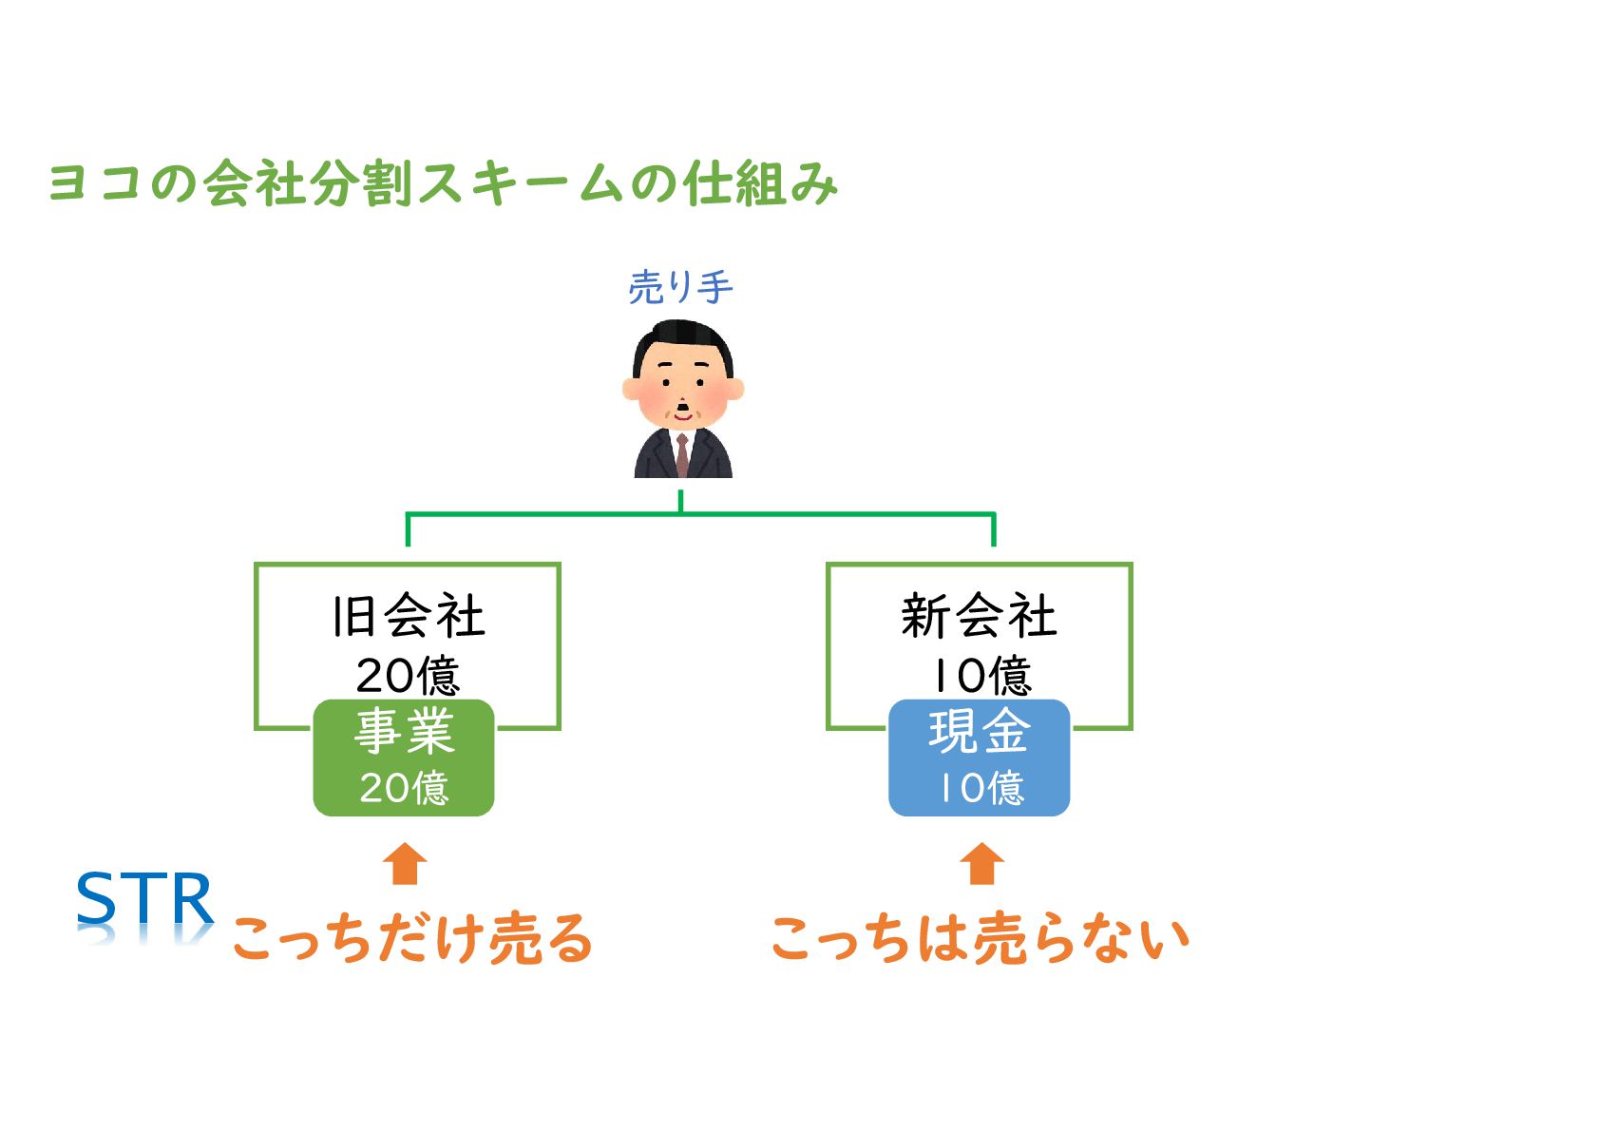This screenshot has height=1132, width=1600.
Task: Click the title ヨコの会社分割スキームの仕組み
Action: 443,183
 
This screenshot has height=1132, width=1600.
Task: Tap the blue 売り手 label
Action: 680,287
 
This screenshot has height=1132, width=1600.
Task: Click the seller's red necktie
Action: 682,454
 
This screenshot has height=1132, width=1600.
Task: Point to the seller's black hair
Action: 682,338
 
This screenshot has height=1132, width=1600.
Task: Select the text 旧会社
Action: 409,616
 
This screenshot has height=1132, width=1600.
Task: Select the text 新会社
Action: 979,616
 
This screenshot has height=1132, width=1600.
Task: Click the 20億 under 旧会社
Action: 409,675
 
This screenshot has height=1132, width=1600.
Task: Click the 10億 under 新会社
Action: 981,675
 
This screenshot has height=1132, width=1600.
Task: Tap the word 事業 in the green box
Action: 404,732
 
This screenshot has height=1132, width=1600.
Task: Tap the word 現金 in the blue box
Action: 980,732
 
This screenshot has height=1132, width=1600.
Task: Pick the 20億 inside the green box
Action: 404,788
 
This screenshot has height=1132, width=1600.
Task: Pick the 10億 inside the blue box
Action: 981,788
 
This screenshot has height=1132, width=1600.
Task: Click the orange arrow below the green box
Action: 405,864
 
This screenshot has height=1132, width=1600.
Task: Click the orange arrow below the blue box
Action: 981,864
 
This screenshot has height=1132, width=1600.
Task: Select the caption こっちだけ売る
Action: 412,938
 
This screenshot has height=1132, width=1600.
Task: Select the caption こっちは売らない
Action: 980,938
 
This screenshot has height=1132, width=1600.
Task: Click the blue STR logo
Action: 144,900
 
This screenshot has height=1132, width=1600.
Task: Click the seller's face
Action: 682,388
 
